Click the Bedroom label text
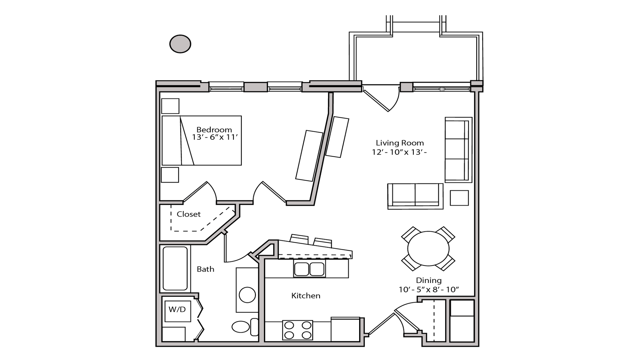click(214, 129)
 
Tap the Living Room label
click(399, 143)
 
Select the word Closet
click(189, 214)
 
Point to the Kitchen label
click(306, 296)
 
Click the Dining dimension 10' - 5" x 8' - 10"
click(428, 290)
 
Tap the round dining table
click(428, 249)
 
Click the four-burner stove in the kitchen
click(297, 330)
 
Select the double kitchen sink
click(309, 269)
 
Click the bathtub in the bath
click(175, 268)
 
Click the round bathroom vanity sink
click(247, 295)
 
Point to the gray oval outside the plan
click(180, 44)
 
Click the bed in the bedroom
click(202, 141)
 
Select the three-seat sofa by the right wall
click(458, 150)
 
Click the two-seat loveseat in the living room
click(415, 196)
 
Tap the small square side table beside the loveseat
click(459, 198)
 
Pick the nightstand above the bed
click(170, 106)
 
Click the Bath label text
click(205, 269)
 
